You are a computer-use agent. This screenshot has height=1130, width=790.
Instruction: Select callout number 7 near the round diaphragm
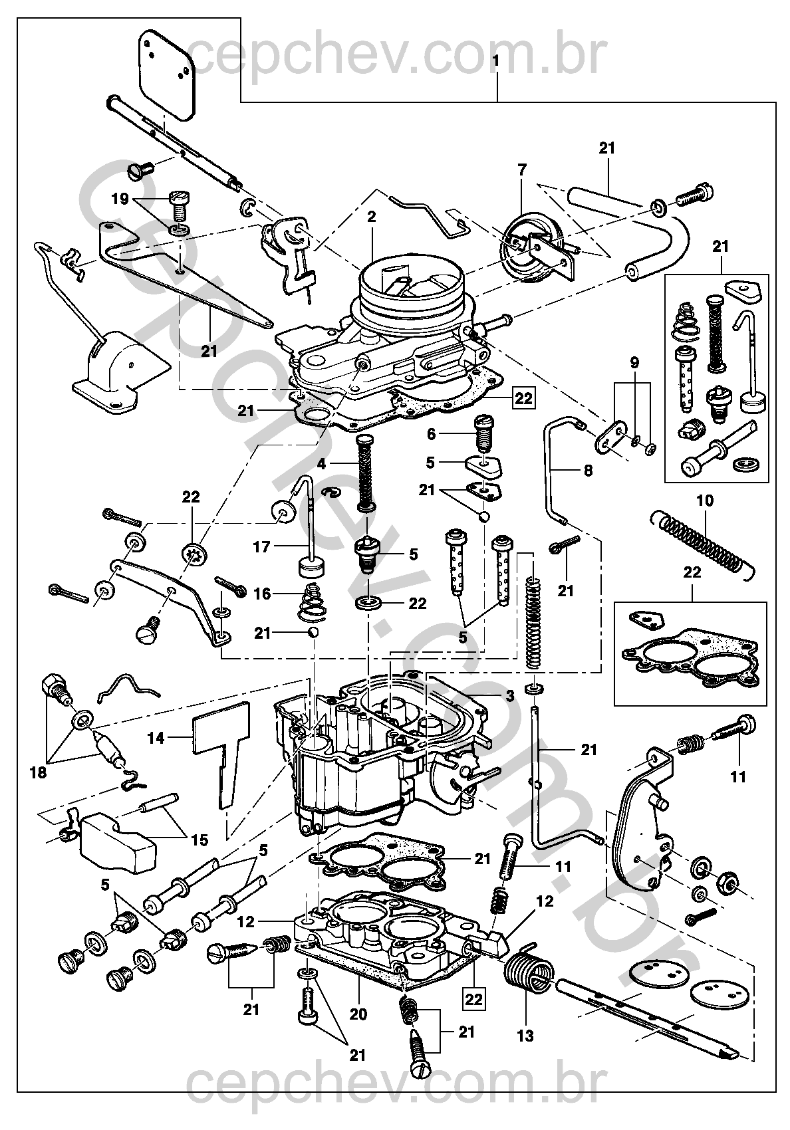[522, 169]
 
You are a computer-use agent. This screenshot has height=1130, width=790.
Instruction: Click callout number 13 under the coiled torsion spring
[525, 1035]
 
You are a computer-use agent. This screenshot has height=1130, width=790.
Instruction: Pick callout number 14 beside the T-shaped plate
[156, 737]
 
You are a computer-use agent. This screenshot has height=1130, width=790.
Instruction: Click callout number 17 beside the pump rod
[262, 546]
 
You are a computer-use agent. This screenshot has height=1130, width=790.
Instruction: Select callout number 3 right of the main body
[510, 696]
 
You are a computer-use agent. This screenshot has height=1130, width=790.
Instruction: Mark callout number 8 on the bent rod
[587, 470]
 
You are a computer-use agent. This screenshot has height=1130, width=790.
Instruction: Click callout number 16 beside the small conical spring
[263, 593]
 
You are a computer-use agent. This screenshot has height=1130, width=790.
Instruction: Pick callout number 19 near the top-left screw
[120, 198]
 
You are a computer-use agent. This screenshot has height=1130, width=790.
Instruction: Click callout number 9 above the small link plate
[634, 363]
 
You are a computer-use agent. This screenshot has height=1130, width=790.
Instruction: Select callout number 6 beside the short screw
[432, 433]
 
